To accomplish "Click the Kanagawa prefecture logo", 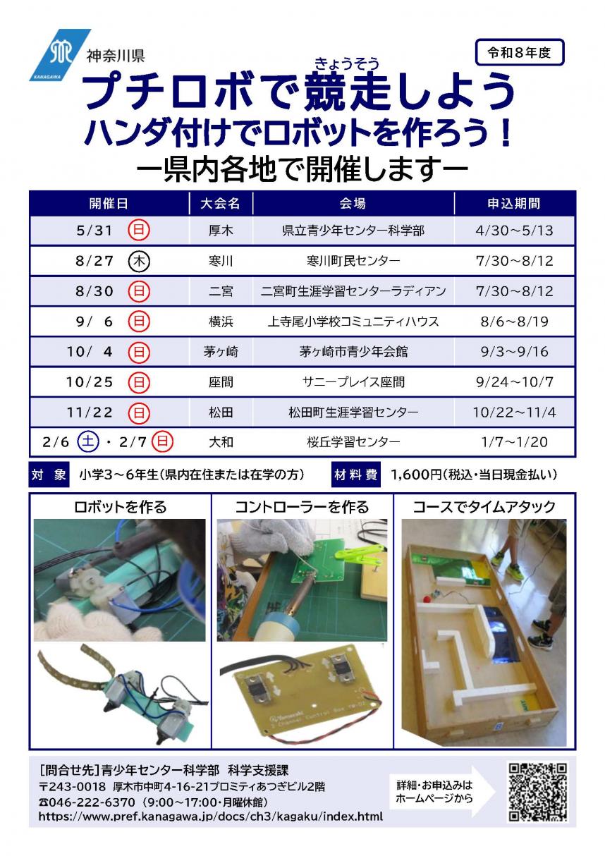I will pyautogui.click(x=59, y=54).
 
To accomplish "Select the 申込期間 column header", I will pyautogui.click(x=514, y=204).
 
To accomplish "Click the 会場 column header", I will pyautogui.click(x=353, y=204).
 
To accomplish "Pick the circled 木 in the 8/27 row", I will pyautogui.click(x=140, y=261).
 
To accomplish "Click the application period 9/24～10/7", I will pyautogui.click(x=515, y=382).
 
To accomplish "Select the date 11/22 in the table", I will pyautogui.click(x=89, y=412).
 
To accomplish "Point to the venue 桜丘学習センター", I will pyautogui.click(x=353, y=443).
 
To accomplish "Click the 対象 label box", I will pyautogui.click(x=49, y=476).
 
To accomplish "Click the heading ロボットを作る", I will pyautogui.click(x=121, y=506).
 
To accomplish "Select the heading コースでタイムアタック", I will pyautogui.click(x=484, y=506).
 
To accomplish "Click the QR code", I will pyautogui.click(x=537, y=792).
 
